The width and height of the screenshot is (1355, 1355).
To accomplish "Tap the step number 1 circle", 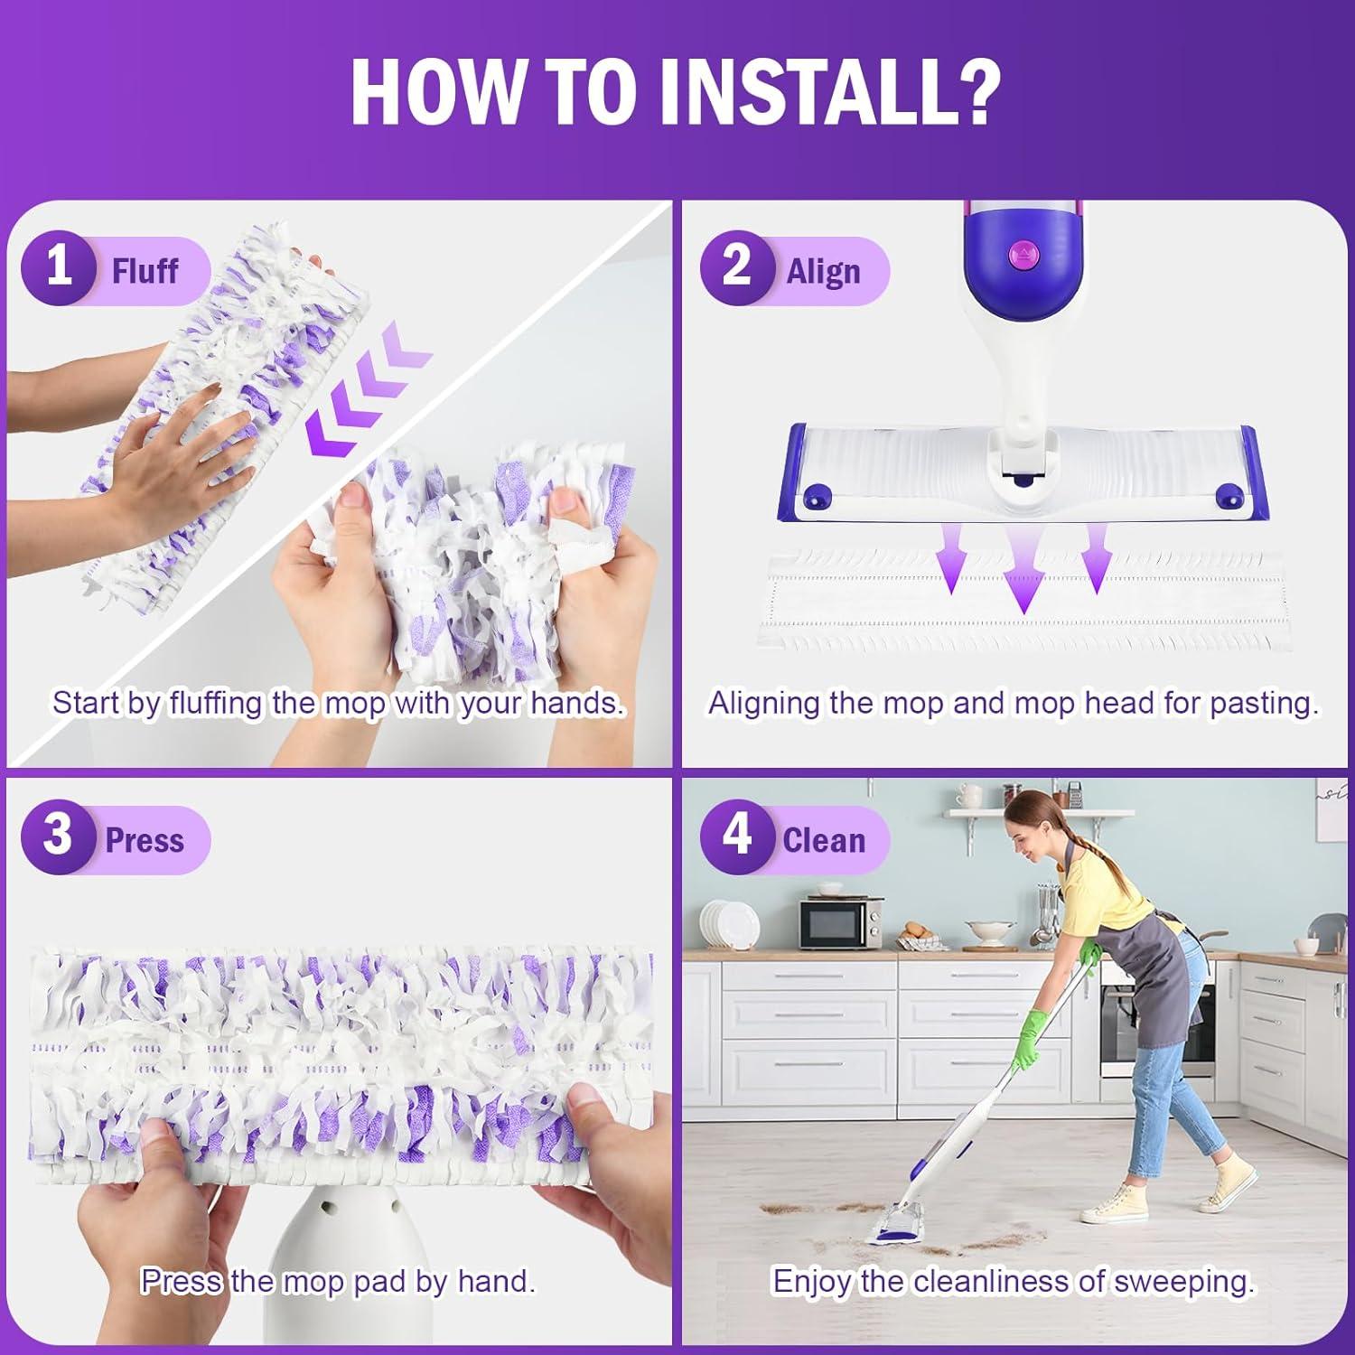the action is (59, 268).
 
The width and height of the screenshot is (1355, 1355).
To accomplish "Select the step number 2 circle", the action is (737, 268).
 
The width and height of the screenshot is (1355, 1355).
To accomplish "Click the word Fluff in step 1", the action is (145, 270).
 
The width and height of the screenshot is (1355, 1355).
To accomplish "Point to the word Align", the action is (823, 272).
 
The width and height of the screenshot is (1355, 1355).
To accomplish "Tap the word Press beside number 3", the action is (145, 840).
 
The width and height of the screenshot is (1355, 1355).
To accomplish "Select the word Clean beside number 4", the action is (824, 840).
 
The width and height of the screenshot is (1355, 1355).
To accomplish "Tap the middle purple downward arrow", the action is (1023, 570).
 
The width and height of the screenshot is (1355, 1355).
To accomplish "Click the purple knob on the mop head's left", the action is (817, 494).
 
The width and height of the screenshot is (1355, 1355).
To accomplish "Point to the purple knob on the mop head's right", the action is (1229, 494).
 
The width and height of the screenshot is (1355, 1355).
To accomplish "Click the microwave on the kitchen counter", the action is (842, 921).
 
